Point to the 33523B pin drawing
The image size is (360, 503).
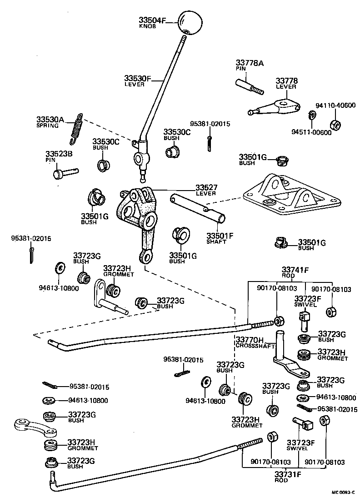pyautogui.click(x=65, y=173)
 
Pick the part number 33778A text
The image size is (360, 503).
pyautogui.click(x=249, y=63)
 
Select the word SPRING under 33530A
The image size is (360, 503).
pyautogui.click(x=47, y=126)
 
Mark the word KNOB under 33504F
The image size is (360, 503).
pyautogui.click(x=147, y=26)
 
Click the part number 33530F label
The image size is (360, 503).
pyautogui.click(x=137, y=78)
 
